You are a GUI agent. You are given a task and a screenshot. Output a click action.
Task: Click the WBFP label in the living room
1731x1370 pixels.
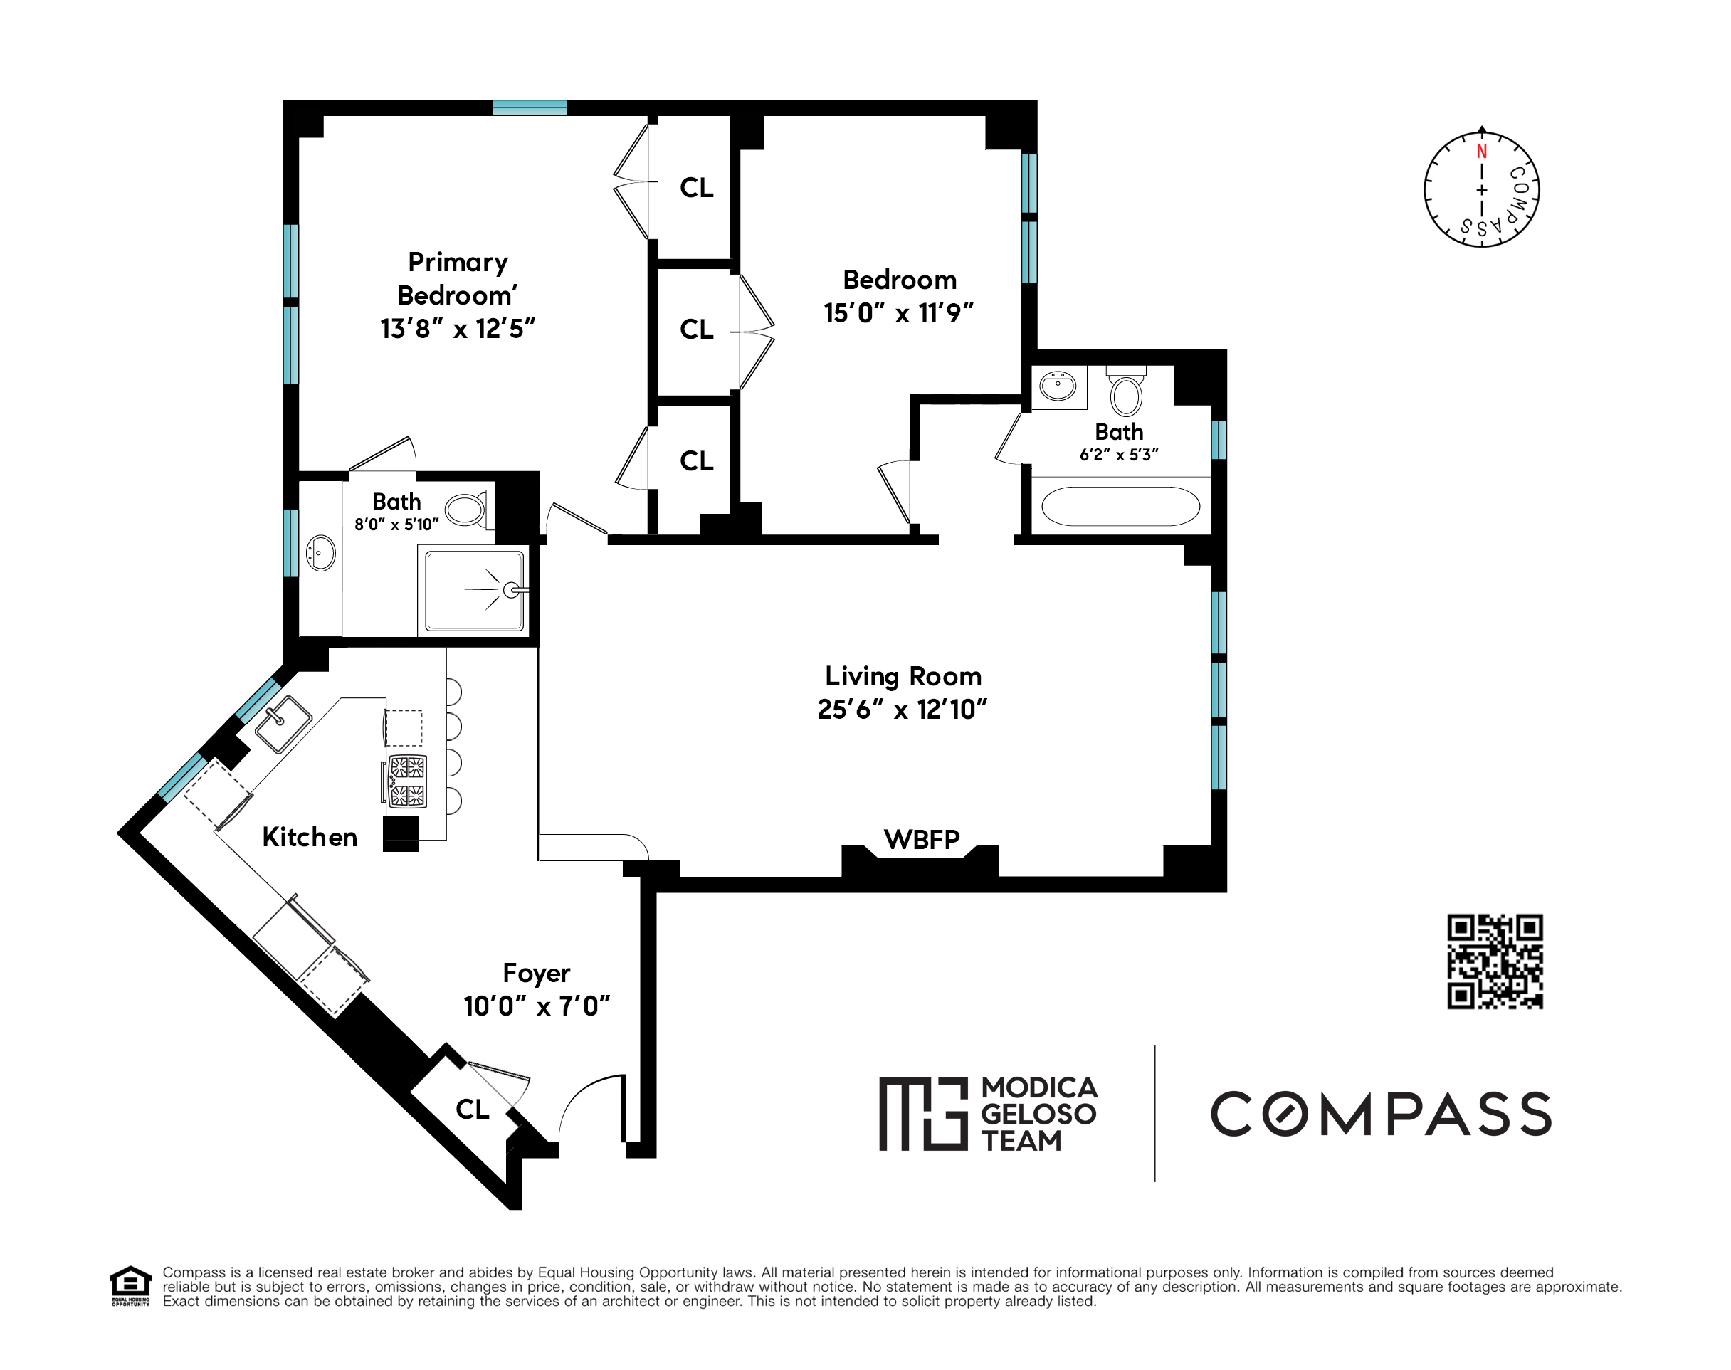click(x=921, y=840)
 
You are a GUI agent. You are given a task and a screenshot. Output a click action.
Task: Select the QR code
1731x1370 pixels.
click(x=1495, y=961)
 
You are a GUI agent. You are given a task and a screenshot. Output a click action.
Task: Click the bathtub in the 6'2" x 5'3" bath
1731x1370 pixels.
click(x=1120, y=506)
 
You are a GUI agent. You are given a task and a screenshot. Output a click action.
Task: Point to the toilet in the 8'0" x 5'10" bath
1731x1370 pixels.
click(x=467, y=509)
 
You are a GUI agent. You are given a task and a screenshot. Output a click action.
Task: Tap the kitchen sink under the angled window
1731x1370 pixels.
click(x=283, y=724)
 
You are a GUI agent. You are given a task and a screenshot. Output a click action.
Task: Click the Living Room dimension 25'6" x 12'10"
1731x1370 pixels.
click(x=902, y=710)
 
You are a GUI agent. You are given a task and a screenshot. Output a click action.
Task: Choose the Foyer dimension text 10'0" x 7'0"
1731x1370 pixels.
click(x=537, y=1006)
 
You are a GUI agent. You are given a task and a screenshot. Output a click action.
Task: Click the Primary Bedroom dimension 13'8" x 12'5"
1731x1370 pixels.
click(x=457, y=329)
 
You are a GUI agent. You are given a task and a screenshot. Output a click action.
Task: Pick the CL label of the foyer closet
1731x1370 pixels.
click(x=472, y=1110)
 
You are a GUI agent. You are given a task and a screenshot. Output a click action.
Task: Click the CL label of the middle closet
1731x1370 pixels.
click(x=695, y=329)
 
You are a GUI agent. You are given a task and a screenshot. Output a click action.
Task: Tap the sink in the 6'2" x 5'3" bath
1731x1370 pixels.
click(x=1058, y=386)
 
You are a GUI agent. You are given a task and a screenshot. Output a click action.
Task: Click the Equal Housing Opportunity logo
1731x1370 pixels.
click(x=130, y=1286)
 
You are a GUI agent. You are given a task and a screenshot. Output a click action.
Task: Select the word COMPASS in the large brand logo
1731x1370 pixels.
click(x=1379, y=1113)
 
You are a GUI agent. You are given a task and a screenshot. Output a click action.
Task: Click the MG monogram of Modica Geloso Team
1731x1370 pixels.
click(x=923, y=1113)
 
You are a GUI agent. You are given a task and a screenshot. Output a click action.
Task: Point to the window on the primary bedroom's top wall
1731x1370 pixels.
click(x=530, y=107)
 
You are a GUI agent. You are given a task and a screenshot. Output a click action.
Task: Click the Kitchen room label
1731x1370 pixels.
click(x=310, y=838)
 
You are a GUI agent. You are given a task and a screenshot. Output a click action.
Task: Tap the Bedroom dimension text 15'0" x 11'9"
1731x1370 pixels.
click(x=898, y=313)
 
